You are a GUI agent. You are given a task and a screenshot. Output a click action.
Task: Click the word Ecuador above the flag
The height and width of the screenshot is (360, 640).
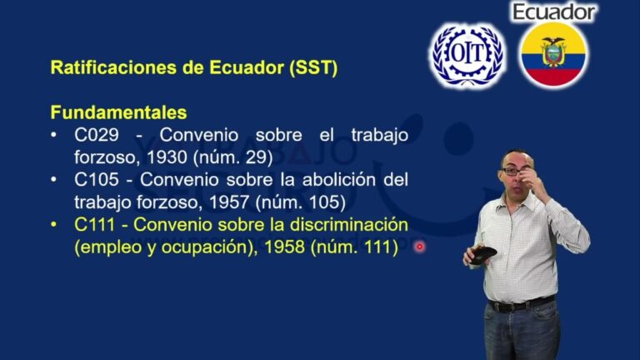point(554,12)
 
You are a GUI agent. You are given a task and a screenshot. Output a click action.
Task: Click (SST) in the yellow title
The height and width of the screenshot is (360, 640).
point(314,68)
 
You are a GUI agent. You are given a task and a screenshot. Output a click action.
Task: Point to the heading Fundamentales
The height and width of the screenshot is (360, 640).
point(118,112)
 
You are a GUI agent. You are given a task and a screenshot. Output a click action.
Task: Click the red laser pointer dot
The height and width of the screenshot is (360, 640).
point(419,247)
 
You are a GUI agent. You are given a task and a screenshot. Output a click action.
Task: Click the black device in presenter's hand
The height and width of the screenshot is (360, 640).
point(482,255)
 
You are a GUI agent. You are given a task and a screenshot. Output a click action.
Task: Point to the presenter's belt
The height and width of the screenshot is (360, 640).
point(521,303)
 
